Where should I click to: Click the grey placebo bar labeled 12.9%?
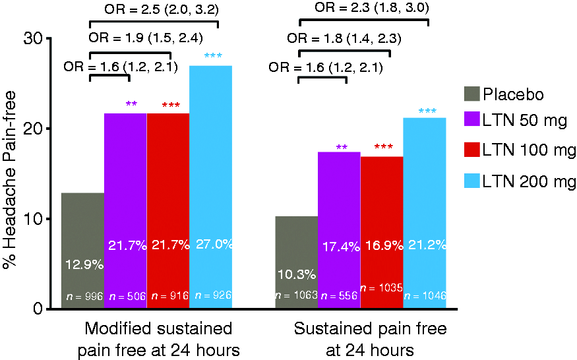tap(83, 251)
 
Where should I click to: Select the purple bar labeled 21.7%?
tap(125, 210)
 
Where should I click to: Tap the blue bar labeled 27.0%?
tap(211, 187)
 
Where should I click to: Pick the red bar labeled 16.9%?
tap(382, 232)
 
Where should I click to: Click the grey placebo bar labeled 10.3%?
tap(297, 262)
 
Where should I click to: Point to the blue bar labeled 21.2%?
tap(425, 213)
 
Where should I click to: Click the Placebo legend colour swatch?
tap(472, 94)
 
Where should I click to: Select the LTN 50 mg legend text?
tap(525, 121)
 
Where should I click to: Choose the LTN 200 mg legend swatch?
tap(472, 181)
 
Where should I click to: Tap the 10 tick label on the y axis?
tap(33, 219)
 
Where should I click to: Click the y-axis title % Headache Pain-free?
tap(10, 179)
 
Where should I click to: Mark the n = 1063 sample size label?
tap(297, 295)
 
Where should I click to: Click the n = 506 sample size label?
tap(128, 296)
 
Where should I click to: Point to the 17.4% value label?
tap(341, 247)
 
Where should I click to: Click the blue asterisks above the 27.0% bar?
tap(213, 56)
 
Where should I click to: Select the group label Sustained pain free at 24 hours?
tap(370, 339)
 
